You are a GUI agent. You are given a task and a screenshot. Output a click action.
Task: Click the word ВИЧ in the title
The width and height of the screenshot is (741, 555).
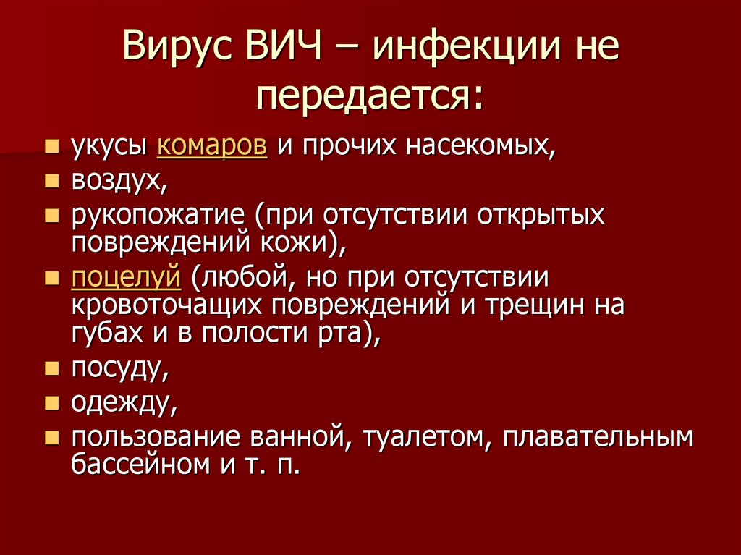point(283,46)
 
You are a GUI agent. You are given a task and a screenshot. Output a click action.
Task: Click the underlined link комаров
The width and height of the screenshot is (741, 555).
point(212,145)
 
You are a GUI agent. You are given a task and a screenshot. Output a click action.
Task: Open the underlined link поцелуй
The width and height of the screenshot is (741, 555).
point(126,277)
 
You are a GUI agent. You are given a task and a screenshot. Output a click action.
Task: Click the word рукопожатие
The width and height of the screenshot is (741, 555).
point(158,215)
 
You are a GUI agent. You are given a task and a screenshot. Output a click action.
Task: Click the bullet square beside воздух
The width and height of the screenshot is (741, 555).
point(52,181)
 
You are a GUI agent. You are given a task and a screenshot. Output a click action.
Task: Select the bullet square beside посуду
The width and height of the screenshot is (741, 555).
point(52,368)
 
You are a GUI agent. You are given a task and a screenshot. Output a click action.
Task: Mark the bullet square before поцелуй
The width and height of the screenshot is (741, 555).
point(52,278)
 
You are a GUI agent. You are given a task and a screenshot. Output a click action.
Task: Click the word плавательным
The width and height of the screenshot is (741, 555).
point(598,438)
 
